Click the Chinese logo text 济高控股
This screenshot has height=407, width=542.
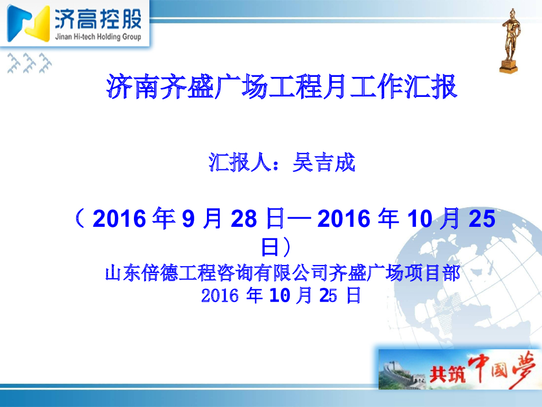click(98, 20)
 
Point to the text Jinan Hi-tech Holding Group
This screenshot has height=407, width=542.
click(98, 37)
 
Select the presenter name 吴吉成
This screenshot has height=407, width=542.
click(323, 163)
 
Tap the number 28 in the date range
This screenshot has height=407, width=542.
click(243, 219)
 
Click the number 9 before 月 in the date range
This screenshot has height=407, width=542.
click(188, 219)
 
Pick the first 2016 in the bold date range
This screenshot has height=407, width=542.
click(119, 219)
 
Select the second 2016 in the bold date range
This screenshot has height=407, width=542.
click(343, 219)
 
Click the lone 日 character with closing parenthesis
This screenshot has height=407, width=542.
click(275, 247)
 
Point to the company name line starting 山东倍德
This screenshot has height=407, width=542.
click(282, 274)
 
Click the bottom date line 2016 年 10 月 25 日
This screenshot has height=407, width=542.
click(282, 295)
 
